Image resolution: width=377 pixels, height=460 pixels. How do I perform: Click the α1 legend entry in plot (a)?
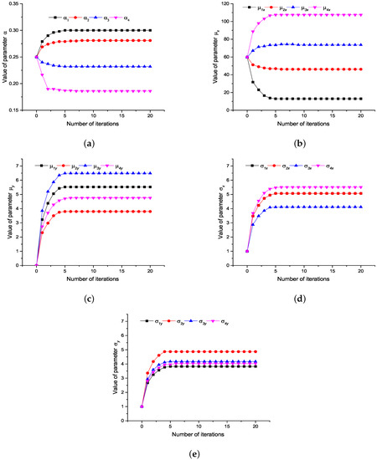(x=59, y=16)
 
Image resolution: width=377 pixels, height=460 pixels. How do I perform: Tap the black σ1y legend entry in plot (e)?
(x=158, y=320)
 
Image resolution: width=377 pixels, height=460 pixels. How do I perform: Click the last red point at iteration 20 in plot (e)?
(x=267, y=351)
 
